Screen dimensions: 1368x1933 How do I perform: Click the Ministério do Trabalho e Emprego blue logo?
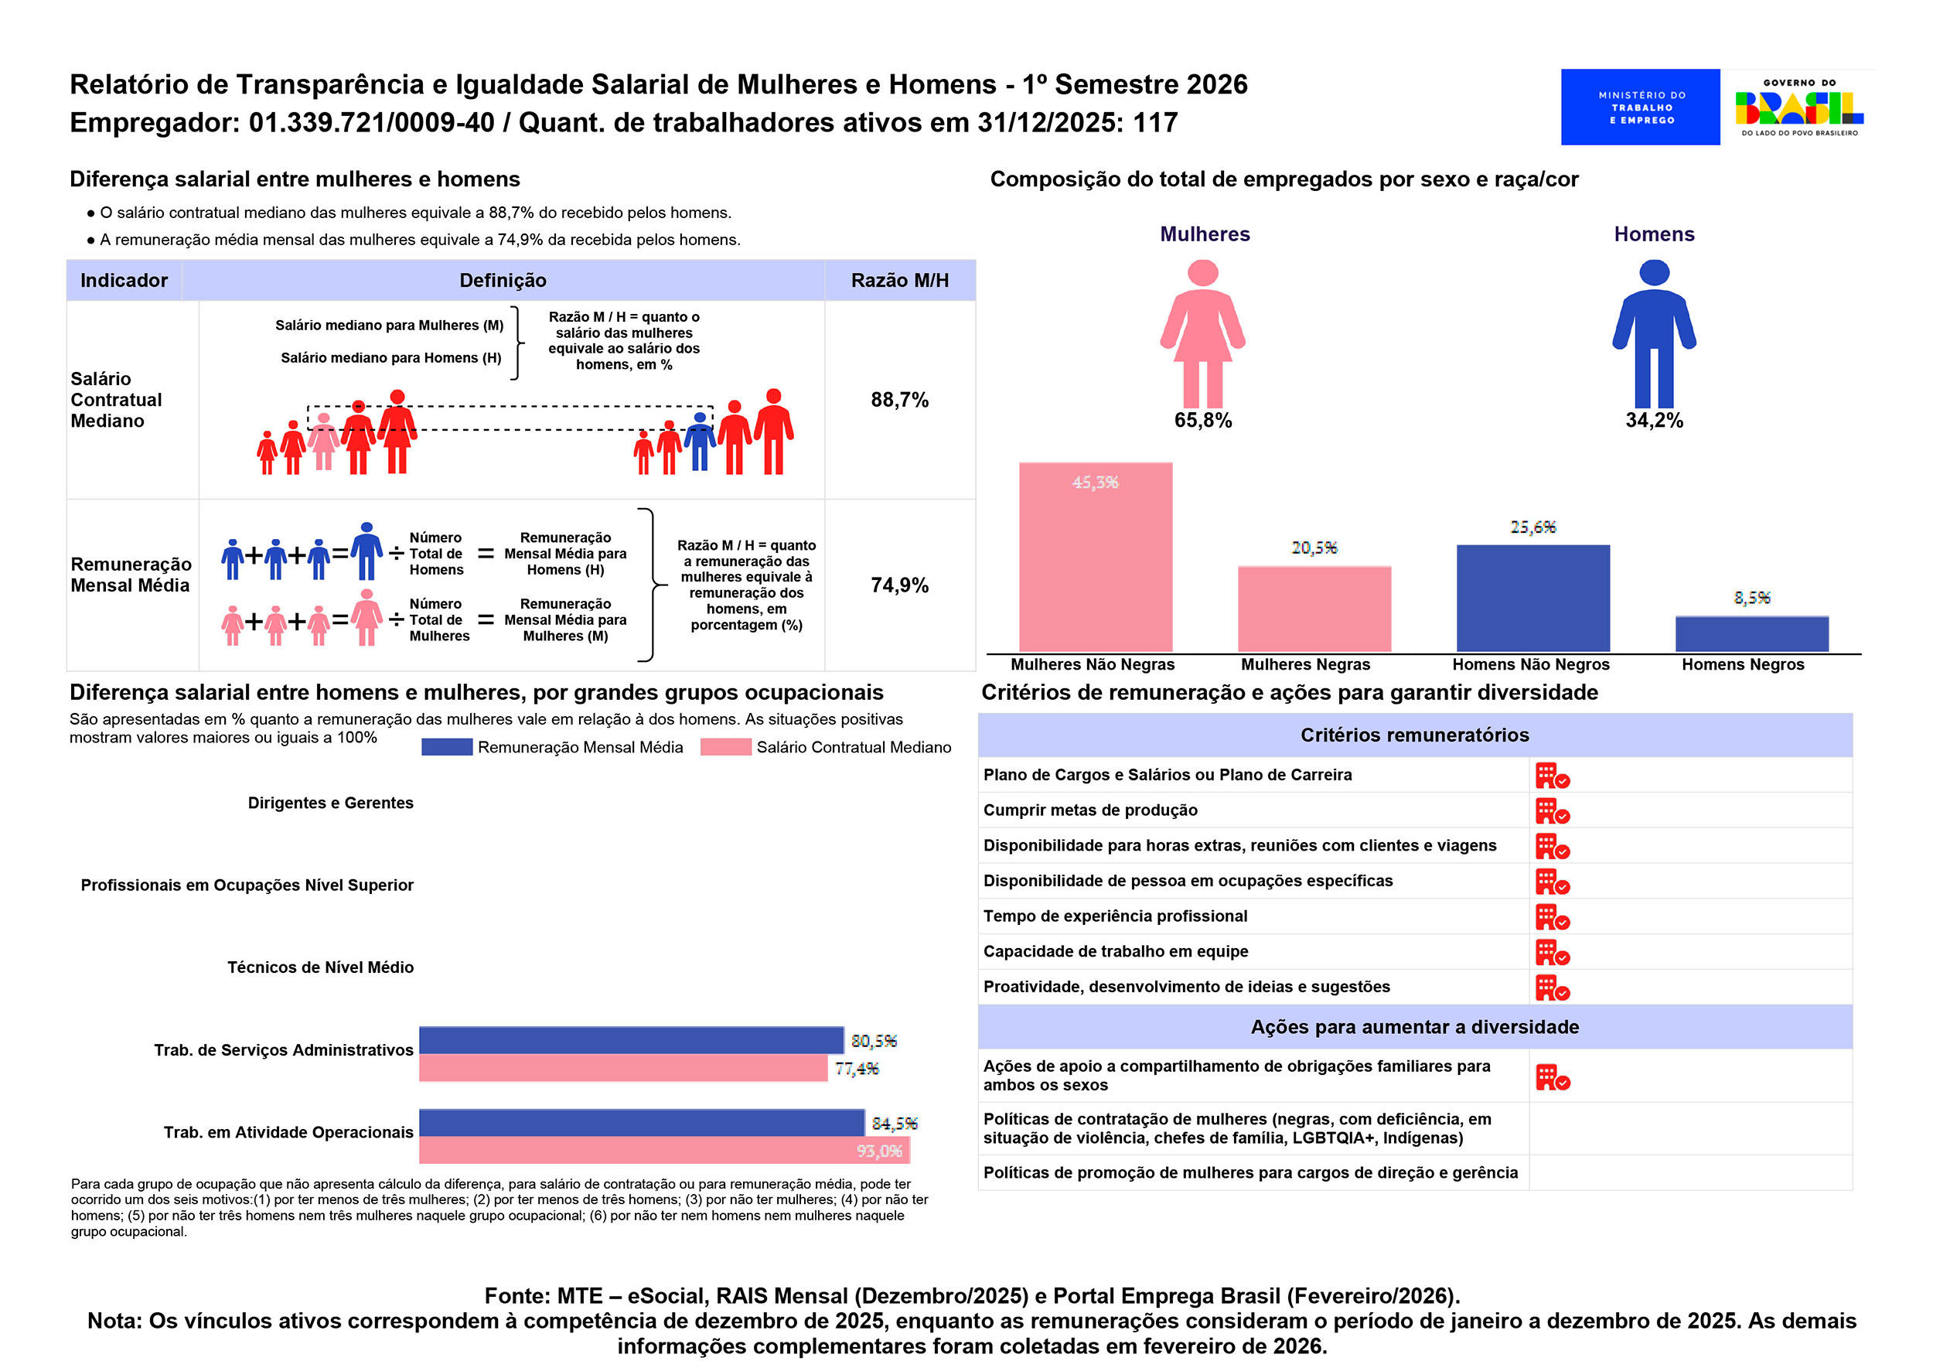(x=1639, y=107)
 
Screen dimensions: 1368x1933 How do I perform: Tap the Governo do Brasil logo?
(x=1798, y=107)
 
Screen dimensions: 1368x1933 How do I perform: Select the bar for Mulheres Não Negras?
(x=1095, y=557)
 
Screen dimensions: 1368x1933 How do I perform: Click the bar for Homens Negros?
(x=1751, y=633)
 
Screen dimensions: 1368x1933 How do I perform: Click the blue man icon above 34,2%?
(x=1653, y=333)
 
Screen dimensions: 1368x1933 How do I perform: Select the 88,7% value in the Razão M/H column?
(x=899, y=399)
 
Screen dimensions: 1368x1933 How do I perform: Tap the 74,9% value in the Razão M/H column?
(x=899, y=585)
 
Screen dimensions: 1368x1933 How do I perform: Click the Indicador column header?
(x=124, y=281)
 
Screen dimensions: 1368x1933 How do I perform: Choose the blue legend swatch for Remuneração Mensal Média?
(x=446, y=747)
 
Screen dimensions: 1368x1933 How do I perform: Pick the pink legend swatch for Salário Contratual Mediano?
(x=725, y=747)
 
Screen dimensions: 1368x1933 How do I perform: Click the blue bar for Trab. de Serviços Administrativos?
(x=631, y=1040)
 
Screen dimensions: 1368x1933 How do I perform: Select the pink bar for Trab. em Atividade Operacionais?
(x=663, y=1150)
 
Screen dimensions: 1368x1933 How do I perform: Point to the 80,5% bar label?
(x=874, y=1041)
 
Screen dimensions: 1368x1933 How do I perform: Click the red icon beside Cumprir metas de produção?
(x=1552, y=811)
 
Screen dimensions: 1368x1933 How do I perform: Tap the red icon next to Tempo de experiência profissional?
(x=1552, y=917)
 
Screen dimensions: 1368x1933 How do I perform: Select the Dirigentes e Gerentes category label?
(x=330, y=803)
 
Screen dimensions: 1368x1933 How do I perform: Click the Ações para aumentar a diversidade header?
(x=1414, y=1027)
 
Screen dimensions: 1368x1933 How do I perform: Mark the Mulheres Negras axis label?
(x=1304, y=664)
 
